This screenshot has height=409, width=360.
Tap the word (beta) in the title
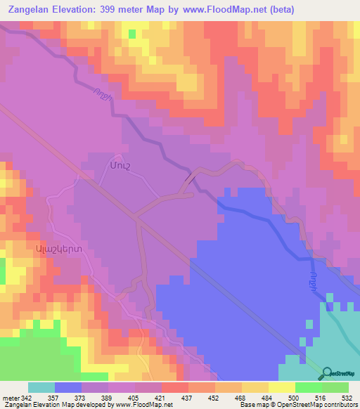tap(280, 10)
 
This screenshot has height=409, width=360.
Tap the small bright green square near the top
tap(131, 34)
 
